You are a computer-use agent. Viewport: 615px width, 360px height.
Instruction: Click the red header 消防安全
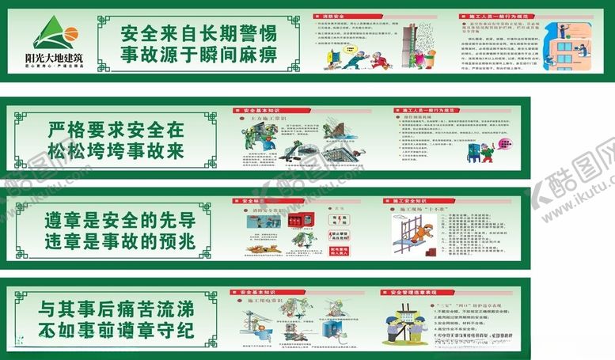[x=349, y=16]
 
